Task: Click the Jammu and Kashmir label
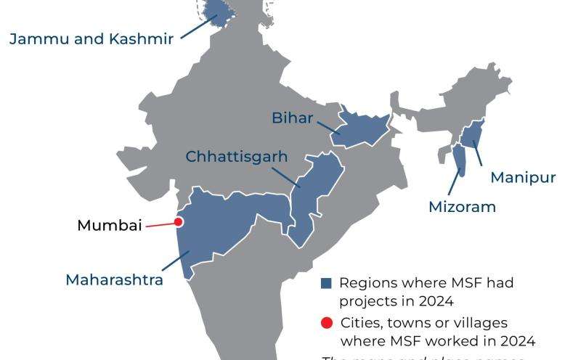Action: [92, 38]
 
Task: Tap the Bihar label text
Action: [292, 118]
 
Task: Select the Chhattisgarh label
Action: [237, 157]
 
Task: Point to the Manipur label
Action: [523, 178]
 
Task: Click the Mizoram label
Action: [461, 207]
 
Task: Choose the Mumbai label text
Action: [109, 225]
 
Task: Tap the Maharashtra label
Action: [114, 279]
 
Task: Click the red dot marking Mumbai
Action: [178, 223]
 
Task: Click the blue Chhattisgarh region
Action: [316, 189]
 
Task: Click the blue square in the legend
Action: [326, 284]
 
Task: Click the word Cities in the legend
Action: [359, 322]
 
